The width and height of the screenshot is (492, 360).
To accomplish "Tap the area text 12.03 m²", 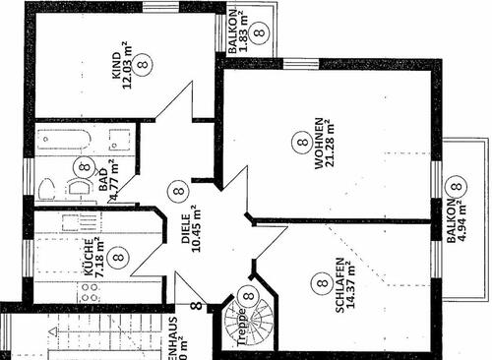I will point(128,67).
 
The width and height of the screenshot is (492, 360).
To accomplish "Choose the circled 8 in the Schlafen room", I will point(320,283).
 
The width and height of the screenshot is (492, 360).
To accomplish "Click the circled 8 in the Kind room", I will point(145,67).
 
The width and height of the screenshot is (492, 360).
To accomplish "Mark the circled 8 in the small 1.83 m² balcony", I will point(258,31).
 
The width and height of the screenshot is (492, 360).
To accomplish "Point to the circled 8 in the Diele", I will point(177,190).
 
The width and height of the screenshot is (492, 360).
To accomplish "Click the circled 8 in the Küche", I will point(118,258).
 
